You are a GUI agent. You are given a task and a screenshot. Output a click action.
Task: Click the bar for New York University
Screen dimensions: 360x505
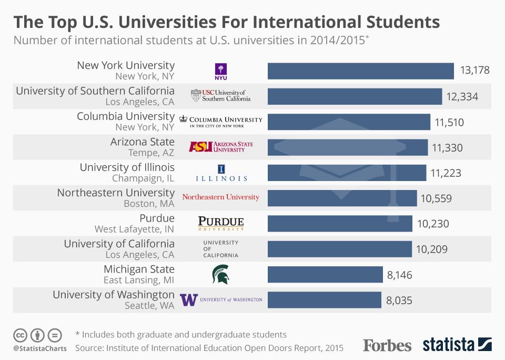(361, 71)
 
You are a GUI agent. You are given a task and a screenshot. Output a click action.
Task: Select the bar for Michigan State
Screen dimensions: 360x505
(325, 275)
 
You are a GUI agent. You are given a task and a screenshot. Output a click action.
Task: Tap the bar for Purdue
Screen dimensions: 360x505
(340, 224)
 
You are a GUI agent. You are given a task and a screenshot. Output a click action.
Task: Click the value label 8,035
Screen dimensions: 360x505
(399, 301)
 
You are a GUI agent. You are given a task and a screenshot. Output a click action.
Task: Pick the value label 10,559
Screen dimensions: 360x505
(436, 198)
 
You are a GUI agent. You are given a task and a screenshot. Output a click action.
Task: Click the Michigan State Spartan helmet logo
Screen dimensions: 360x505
(220, 275)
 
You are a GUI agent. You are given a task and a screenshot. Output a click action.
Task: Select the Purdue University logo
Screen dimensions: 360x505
(221, 224)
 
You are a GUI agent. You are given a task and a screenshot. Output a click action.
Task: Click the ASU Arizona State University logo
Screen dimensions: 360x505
(221, 147)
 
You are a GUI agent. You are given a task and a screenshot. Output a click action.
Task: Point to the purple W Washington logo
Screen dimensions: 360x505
(189, 299)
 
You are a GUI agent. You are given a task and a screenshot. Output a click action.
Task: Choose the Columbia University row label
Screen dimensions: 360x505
(126, 116)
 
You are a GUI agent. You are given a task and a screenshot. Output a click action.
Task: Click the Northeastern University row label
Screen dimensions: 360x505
(116, 193)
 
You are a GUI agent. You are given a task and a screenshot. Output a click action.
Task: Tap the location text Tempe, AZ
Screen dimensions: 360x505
(151, 153)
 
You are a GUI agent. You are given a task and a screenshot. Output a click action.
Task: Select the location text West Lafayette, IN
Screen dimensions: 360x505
(135, 229)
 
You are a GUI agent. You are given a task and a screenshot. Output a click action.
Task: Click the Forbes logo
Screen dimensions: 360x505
(387, 345)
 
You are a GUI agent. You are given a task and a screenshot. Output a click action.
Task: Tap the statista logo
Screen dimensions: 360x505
(457, 345)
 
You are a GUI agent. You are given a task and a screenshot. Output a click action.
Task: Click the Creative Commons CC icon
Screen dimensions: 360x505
(20, 335)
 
